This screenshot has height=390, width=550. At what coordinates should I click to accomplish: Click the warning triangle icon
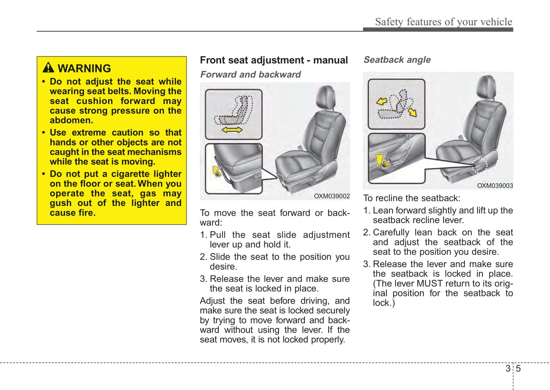tap(48, 68)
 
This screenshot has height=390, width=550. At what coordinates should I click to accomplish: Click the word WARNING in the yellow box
tap(84, 68)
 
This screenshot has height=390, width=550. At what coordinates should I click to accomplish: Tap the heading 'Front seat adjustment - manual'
tap(274, 60)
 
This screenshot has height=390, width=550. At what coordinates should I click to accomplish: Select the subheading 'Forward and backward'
tap(250, 75)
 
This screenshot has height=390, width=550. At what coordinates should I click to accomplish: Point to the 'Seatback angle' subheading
tap(397, 60)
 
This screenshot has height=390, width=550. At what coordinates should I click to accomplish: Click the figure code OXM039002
tap(332, 196)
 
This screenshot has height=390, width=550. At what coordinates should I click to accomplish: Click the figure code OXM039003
tap(495, 185)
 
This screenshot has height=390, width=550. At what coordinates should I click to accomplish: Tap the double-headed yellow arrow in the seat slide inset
tap(232, 130)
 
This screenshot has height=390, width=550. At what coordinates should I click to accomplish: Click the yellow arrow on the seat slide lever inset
tap(217, 171)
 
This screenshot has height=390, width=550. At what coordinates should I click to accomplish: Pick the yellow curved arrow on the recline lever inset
tap(382, 161)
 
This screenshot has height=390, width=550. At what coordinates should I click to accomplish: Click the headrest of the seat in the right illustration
tap(486, 87)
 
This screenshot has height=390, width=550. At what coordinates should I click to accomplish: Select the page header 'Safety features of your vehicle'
tap(443, 22)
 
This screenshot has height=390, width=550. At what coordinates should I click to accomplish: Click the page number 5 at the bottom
tap(518, 368)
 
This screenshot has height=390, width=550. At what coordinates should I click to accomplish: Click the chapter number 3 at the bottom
tap(508, 368)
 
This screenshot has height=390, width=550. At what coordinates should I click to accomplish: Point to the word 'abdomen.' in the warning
tap(71, 120)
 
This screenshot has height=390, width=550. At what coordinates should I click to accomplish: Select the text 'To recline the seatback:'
tap(411, 198)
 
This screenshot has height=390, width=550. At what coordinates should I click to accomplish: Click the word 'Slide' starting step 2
tap(220, 257)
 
